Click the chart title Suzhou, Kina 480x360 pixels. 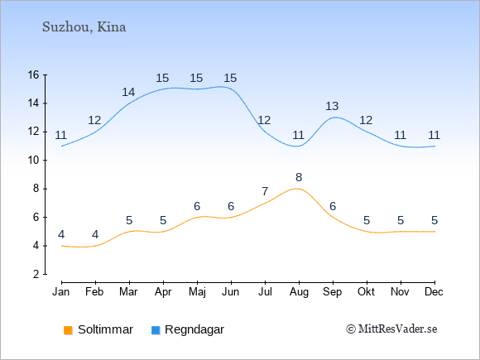pos(84,27)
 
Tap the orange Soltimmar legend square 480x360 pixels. pos(68,330)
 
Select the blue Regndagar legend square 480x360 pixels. pos(156,330)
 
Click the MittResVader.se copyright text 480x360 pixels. pos(391,329)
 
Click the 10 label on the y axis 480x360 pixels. pos(34,160)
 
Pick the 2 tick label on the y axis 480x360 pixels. pos(36,274)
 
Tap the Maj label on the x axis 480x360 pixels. pos(197,292)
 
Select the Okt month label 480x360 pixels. pos(366,292)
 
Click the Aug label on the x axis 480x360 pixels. pos(299,292)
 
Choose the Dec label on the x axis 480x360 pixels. pos(434,292)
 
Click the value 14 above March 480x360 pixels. pos(128,92)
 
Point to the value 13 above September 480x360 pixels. pos(332,106)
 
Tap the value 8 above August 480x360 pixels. pos(299,177)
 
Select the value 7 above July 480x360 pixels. pos(265,192)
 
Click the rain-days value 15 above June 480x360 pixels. pos(230,78)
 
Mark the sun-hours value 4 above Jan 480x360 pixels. pos(61,234)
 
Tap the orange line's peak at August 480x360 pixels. pos(296,189)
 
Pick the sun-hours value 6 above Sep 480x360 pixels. pos(333,206)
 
